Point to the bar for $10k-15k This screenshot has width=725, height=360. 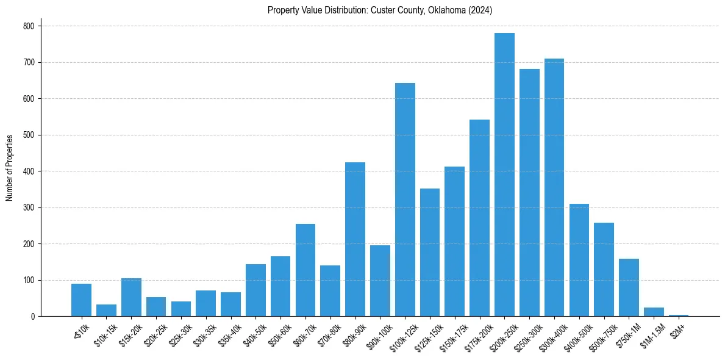coord(106,311)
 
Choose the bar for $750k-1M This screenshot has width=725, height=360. coord(629,287)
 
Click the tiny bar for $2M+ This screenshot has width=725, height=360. coord(679,315)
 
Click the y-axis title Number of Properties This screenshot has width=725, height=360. coord(10,167)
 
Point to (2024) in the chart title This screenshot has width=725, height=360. coord(481,10)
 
